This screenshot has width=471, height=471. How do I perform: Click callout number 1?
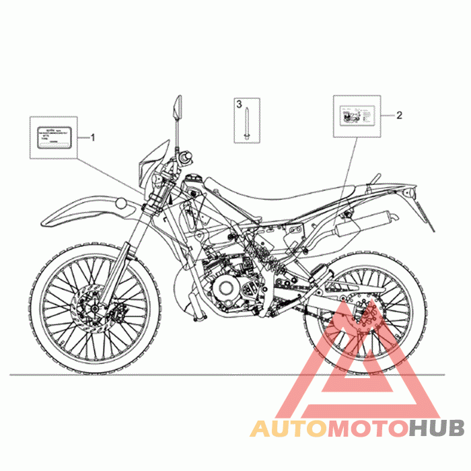coord(93,137)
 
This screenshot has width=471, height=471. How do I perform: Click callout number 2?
coord(398,115)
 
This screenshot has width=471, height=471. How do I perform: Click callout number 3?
coord(238,104)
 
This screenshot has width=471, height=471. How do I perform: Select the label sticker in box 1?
coord(52,137)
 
